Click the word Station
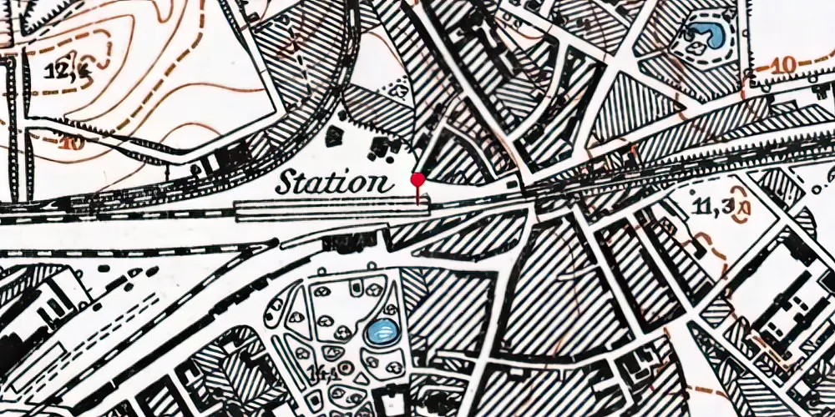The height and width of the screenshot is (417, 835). click(334, 181)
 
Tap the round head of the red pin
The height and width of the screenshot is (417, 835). click(417, 179)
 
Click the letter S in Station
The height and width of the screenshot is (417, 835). click(286, 181)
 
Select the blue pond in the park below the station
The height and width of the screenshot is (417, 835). click(381, 333)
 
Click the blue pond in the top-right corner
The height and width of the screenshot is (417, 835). click(703, 36)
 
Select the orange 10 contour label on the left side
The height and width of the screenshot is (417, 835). click(72, 143)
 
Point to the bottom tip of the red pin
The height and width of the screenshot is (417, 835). click(417, 203)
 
